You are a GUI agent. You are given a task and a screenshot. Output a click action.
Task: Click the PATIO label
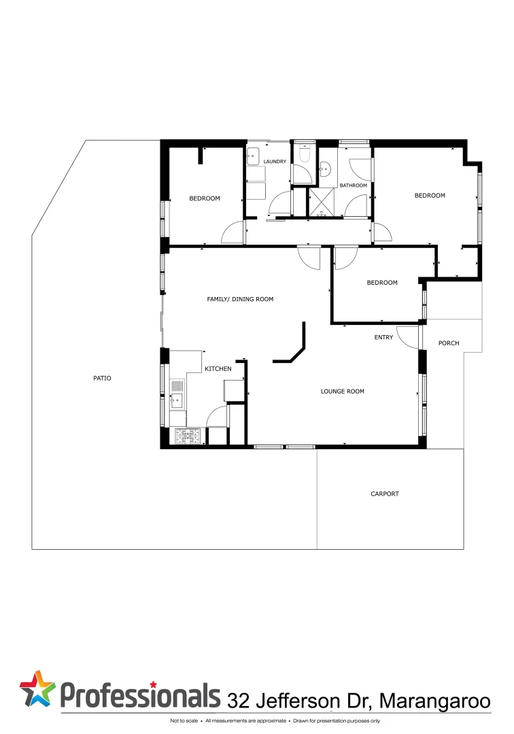pos(102,378)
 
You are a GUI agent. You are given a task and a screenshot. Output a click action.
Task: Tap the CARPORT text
pos(385,494)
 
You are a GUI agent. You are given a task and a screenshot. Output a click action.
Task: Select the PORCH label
pos(449,343)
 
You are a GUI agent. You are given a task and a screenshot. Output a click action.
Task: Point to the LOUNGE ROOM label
pos(343,391)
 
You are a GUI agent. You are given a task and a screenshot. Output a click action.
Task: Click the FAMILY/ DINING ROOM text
pos(240,299)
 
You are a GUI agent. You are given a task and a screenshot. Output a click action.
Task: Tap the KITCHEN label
pos(218,369)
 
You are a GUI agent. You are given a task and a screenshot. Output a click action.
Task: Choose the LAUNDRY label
pos(275,162)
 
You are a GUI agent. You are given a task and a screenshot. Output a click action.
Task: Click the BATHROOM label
pos(354,186)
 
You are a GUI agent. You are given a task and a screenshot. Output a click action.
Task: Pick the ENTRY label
pos(383,338)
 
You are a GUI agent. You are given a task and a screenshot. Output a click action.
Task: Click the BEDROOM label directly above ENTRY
pos(382,283)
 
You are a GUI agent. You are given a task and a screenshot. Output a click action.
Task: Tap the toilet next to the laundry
pos(303,156)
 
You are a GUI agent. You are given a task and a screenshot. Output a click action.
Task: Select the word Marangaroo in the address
pos(434,701)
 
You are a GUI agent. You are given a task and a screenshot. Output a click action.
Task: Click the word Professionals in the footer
pos(141,695)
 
